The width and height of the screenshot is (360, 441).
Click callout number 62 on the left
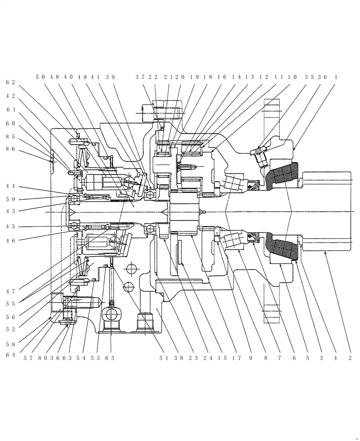coord(11,82)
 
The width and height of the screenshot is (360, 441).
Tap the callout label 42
coord(11,96)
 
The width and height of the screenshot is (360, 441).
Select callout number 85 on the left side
coord(11,137)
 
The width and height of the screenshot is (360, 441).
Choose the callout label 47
coord(11,291)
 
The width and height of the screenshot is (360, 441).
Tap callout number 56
coord(11,316)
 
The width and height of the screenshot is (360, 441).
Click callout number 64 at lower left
coord(11,355)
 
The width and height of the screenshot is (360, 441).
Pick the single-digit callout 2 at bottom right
coord(350,358)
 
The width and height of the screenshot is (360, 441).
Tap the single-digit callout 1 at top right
coord(337,77)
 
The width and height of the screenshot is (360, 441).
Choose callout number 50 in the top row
coord(41,77)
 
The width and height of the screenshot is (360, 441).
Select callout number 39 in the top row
coord(109,77)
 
